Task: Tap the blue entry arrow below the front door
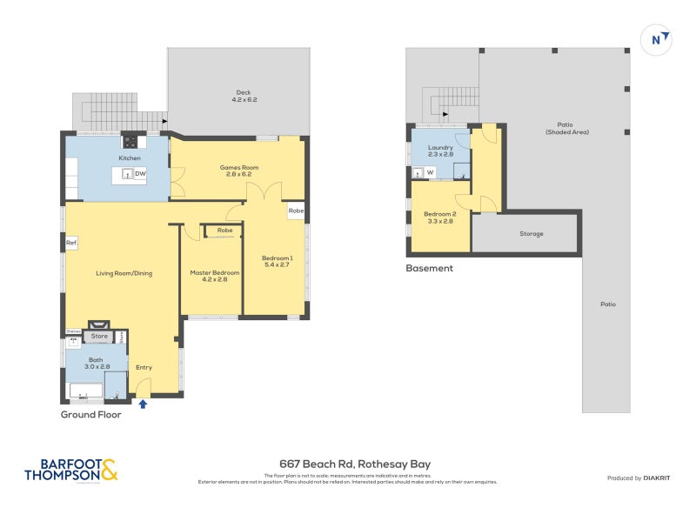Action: pyautogui.click(x=143, y=403)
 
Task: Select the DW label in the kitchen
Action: pyautogui.click(x=139, y=174)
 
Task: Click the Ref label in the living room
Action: pyautogui.click(x=71, y=243)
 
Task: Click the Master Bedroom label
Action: pyautogui.click(x=209, y=277)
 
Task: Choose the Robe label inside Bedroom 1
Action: pyautogui.click(x=296, y=211)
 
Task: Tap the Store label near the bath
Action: pyautogui.click(x=100, y=336)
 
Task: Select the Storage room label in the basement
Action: pyautogui.click(x=532, y=234)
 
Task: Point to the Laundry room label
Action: pyautogui.click(x=440, y=151)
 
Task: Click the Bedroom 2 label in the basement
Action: pyautogui.click(x=438, y=217)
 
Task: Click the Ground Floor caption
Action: pyautogui.click(x=90, y=415)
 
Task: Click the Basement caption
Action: pyautogui.click(x=430, y=269)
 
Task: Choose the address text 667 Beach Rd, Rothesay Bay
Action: pyautogui.click(x=348, y=465)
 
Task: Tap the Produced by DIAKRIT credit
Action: pyautogui.click(x=637, y=478)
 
